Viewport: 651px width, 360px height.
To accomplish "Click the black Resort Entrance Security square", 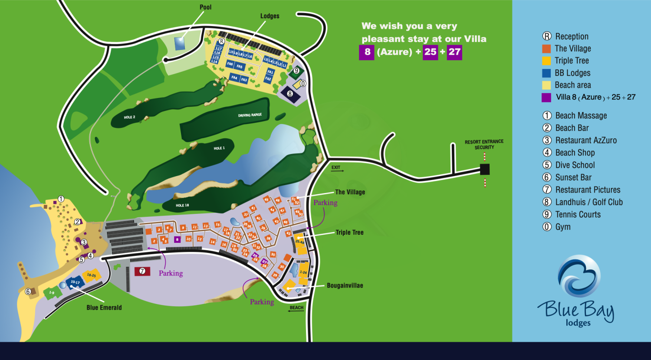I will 485,169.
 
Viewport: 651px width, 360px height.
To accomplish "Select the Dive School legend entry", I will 575,165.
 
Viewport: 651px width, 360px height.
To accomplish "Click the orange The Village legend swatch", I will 546,49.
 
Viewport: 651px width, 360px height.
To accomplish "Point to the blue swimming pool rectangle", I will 180,43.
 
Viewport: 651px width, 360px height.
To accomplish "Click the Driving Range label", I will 250,115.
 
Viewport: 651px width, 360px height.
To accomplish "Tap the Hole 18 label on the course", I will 182,205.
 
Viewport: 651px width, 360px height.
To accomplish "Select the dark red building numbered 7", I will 142,272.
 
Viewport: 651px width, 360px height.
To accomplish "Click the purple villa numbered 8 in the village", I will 177,239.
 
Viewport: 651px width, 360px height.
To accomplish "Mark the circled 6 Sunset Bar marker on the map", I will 28,291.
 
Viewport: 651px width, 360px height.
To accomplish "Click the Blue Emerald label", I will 104,308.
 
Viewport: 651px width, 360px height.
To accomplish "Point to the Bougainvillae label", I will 345,286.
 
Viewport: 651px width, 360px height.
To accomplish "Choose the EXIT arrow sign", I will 336,168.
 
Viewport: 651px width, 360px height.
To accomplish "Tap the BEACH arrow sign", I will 296,309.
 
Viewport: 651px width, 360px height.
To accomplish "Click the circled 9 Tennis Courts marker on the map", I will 297,70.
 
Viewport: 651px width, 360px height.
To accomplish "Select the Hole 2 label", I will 129,117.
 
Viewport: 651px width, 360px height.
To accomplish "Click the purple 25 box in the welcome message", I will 430,52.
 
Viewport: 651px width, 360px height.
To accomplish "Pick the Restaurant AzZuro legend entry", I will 585,141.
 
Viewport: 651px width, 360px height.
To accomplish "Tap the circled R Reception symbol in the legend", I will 547,36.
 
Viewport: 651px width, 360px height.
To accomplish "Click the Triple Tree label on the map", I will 349,232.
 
